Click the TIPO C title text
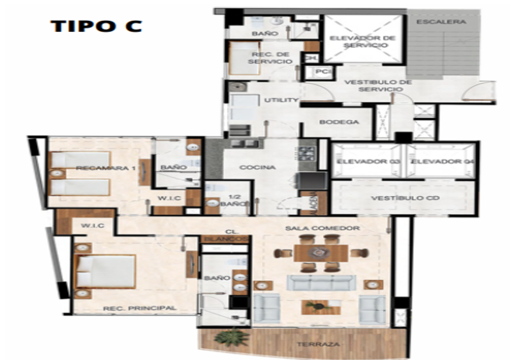click(96, 26)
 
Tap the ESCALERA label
click(441, 22)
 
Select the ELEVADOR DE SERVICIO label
click(362, 42)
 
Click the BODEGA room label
click(339, 122)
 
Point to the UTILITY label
click(281, 100)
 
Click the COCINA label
click(257, 167)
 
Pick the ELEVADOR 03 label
click(369, 162)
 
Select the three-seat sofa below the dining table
click(321, 283)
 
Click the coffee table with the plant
click(321, 307)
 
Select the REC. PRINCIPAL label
click(140, 308)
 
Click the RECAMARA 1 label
click(106, 168)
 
